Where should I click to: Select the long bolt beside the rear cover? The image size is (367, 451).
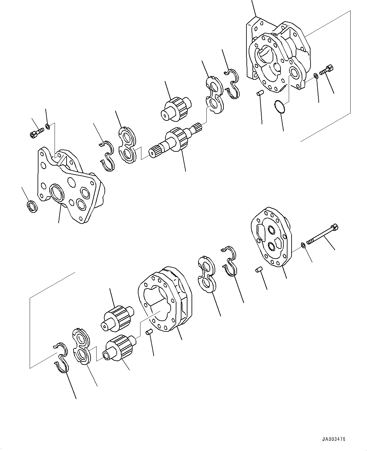click(322, 236)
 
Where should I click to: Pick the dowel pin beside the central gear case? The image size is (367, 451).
click(149, 331)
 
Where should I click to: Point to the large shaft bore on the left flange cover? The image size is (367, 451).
click(57, 194)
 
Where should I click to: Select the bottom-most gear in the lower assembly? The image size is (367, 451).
click(120, 348)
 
